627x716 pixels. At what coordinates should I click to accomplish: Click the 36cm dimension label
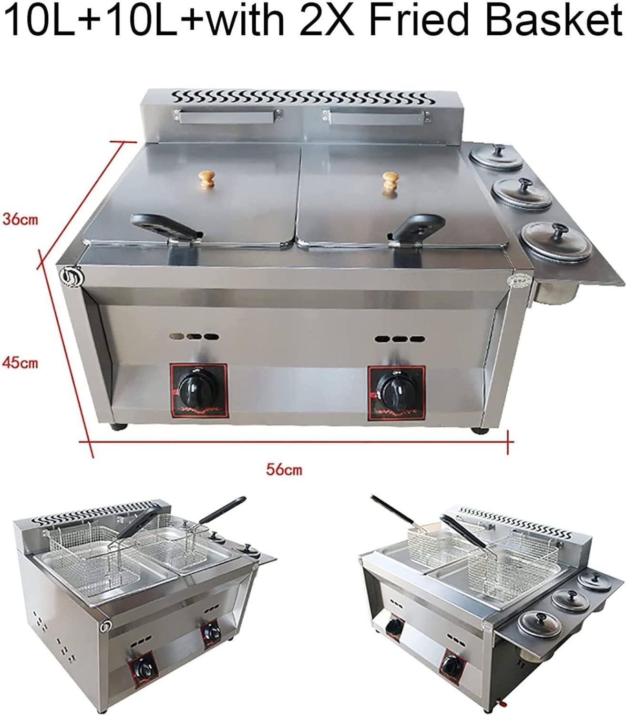(20, 220)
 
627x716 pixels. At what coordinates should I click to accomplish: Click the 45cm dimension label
(20, 363)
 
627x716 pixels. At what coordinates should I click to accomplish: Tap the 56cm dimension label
(284, 470)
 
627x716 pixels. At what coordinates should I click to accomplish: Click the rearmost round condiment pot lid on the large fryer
(497, 157)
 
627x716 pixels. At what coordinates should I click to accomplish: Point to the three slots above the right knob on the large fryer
(400, 339)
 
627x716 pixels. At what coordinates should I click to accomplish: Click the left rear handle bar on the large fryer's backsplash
(227, 116)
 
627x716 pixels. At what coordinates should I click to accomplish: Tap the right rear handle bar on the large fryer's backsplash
(376, 117)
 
